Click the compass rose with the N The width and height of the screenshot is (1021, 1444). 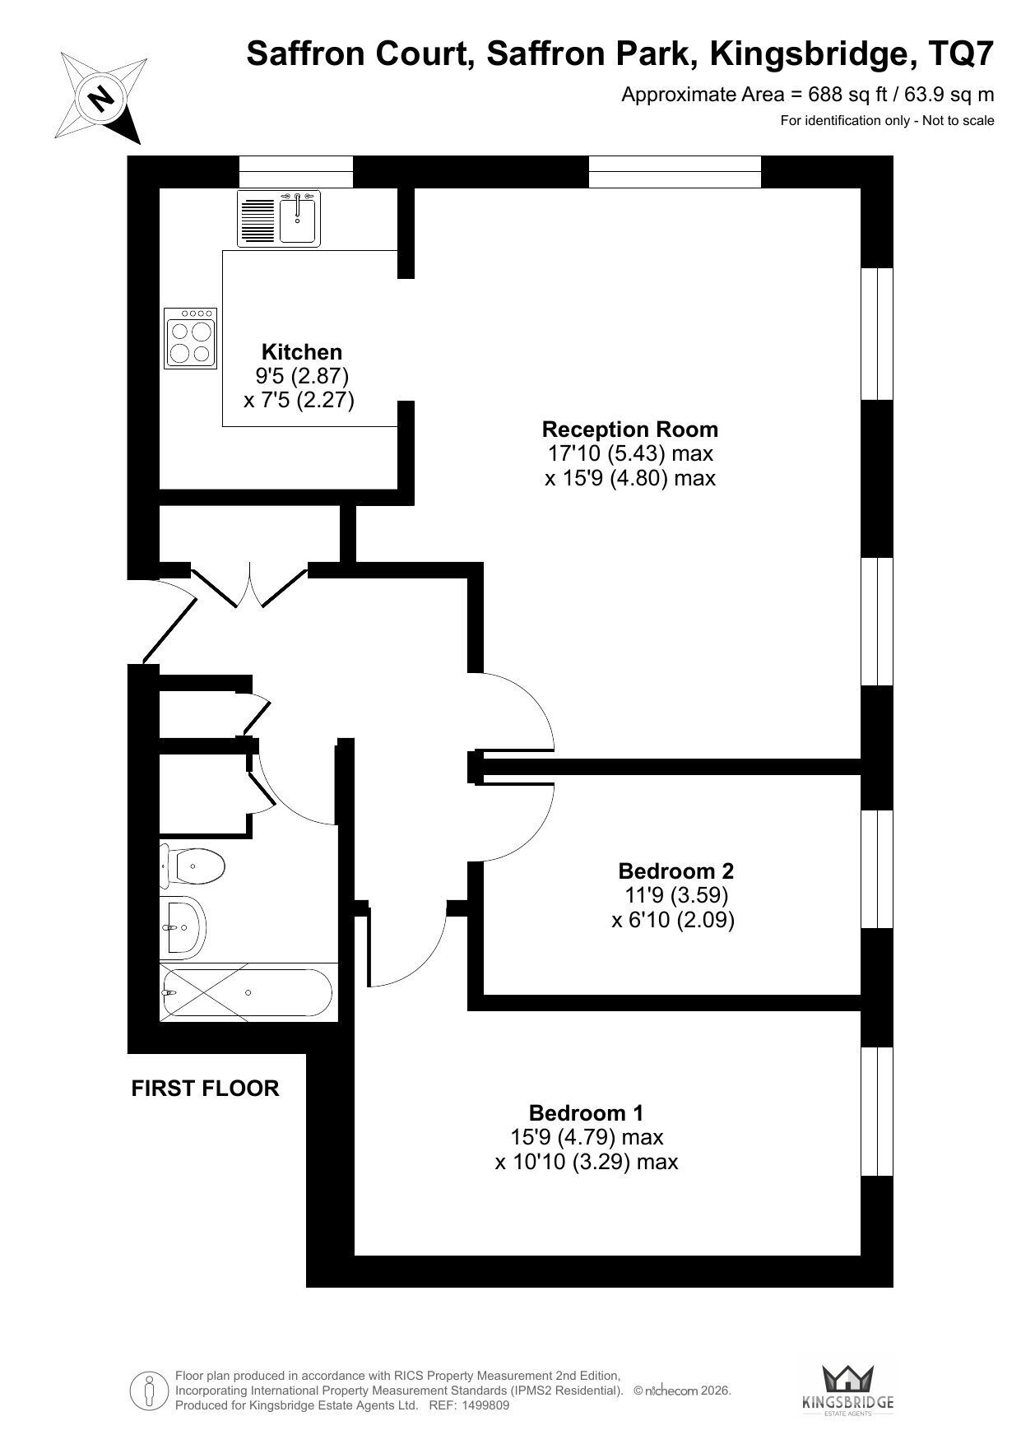pos(100,98)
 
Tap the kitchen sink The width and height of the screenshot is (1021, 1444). pos(277,218)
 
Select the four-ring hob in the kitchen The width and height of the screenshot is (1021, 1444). pos(191,338)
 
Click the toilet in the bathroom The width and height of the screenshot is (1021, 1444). pos(193,866)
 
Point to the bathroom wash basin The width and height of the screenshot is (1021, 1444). pos(183,926)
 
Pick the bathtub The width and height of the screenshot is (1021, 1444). pos(248,993)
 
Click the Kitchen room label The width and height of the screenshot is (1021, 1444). pos(301,352)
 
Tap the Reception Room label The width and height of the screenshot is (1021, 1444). pos(630,429)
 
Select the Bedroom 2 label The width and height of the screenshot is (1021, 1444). pos(675,871)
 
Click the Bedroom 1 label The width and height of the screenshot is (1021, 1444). pos(586,1113)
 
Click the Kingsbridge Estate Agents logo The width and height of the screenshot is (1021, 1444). pos(848,1388)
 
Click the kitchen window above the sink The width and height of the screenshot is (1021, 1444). pos(296,172)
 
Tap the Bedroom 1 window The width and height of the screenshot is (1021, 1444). pos(877,1112)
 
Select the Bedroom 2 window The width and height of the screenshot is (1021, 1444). pos(877,869)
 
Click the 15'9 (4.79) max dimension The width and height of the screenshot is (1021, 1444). pos(587,1137)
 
